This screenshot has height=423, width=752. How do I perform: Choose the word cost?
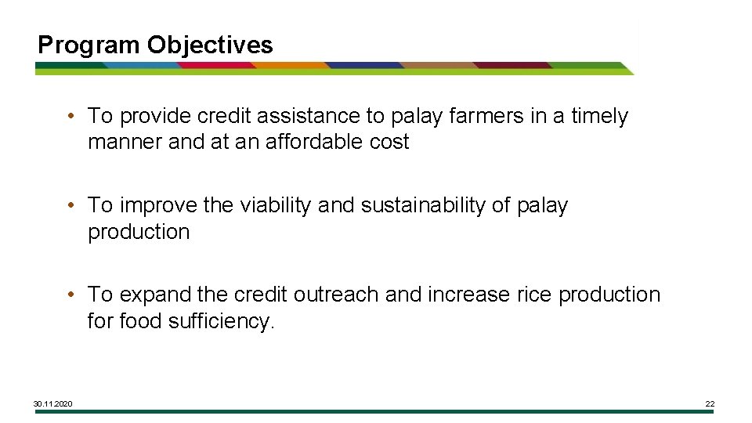[x=390, y=142]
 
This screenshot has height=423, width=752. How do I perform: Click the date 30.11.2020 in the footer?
[x=53, y=403]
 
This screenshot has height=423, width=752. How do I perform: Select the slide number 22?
[x=710, y=403]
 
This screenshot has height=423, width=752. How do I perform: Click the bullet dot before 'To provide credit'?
[x=71, y=117]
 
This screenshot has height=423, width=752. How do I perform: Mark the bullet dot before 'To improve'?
[x=71, y=206]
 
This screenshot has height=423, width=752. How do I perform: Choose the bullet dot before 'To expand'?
[x=71, y=295]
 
